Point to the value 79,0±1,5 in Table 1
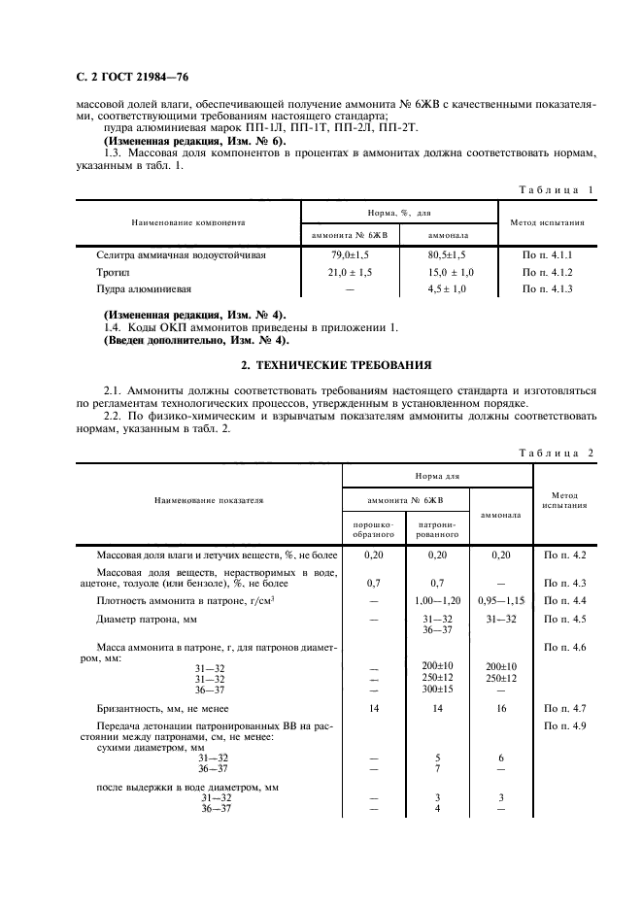[350, 254]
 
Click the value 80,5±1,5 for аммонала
[449, 254]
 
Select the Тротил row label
[112, 272]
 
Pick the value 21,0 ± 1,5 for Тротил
[350, 272]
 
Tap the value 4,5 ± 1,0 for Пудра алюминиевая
[449, 289]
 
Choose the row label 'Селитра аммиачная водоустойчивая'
[181, 254]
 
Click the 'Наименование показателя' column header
[208, 501]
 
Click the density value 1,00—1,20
[437, 601]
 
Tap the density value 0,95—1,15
[500, 601]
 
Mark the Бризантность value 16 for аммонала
[500, 709]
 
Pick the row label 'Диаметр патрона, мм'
[142, 619]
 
